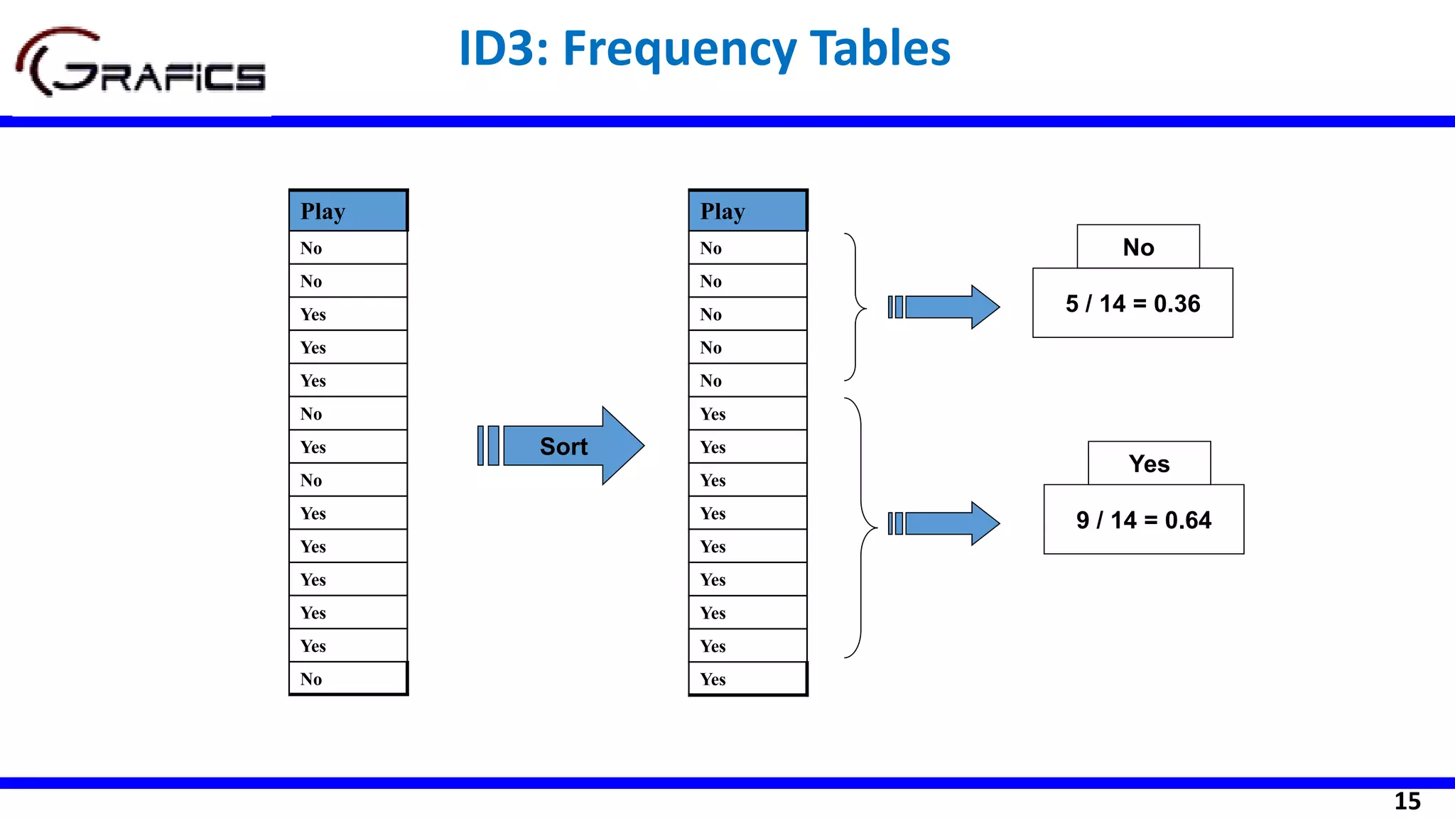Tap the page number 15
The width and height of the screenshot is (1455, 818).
[1407, 801]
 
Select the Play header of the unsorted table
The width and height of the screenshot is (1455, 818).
[348, 211]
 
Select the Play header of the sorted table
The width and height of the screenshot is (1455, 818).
[747, 211]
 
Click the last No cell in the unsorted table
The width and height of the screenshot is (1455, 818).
[348, 679]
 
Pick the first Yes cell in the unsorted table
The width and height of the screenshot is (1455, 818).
[348, 314]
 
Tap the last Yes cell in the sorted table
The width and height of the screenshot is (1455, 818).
[747, 679]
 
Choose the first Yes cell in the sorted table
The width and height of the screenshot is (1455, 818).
[747, 414]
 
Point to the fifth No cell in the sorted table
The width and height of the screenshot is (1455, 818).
[747, 381]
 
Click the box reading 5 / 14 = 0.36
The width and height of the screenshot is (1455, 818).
[1132, 303]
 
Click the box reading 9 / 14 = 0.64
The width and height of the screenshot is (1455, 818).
[1143, 520]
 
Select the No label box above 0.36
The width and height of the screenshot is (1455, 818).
[1138, 247]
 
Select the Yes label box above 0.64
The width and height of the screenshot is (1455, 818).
[1149, 464]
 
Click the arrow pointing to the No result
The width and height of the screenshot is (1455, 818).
[945, 307]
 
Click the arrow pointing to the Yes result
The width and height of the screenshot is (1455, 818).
[945, 523]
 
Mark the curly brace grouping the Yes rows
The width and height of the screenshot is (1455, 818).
[861, 528]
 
